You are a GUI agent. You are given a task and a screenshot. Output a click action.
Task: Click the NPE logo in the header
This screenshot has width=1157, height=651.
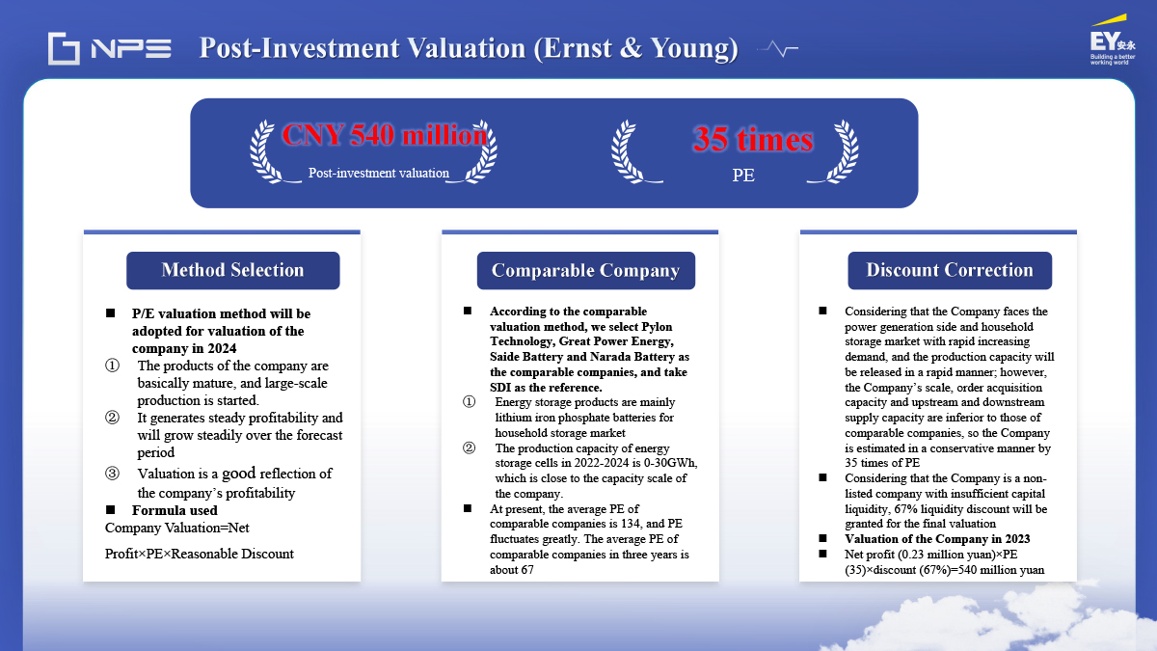[x=110, y=48]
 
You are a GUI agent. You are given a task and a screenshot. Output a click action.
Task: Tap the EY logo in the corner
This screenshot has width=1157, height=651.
[x=1112, y=41]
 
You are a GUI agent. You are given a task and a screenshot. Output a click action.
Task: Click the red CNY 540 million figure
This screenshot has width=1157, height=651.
[x=385, y=135]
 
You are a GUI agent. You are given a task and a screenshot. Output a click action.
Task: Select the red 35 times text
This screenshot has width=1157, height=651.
[x=753, y=139]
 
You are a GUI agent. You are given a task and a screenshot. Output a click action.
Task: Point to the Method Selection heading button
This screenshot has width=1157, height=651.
[x=233, y=270]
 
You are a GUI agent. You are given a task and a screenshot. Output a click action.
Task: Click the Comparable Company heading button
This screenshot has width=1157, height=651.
[x=586, y=270]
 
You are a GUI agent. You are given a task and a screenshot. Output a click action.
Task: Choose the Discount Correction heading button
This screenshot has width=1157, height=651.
[x=950, y=270]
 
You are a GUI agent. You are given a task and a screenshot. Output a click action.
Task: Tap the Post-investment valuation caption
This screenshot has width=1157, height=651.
[x=379, y=173]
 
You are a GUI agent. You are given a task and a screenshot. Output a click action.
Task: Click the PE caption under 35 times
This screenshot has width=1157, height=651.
[x=743, y=176]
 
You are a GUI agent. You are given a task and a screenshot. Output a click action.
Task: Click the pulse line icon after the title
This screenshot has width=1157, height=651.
[x=778, y=49]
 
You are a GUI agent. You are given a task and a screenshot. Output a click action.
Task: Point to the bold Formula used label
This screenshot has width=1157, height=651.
[x=175, y=510]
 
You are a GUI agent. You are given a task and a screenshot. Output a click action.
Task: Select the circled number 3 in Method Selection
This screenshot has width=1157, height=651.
[x=112, y=474]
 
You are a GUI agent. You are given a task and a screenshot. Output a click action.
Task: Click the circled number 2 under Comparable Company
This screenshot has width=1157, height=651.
[x=469, y=448]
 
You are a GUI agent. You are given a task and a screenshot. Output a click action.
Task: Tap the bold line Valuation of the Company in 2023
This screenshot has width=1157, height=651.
[x=937, y=539]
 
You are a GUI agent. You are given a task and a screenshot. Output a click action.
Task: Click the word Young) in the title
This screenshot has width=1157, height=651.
[x=694, y=48]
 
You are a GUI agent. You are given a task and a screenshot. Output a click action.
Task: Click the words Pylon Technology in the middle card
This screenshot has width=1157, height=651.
[x=581, y=334]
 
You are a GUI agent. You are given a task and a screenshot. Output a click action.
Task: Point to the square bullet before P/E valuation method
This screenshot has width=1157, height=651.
[x=110, y=313]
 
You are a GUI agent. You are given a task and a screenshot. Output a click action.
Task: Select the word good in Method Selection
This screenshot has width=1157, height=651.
[x=239, y=474]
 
